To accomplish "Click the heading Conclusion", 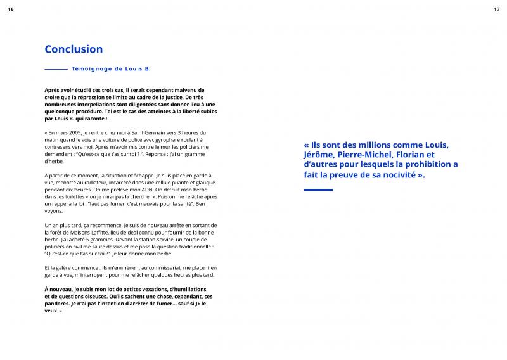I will [74, 49].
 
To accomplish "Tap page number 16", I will [10, 8].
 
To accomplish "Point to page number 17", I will [496, 8].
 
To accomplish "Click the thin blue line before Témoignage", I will [56, 68].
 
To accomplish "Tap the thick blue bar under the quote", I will [318, 189].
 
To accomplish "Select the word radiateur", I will [101, 182].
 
